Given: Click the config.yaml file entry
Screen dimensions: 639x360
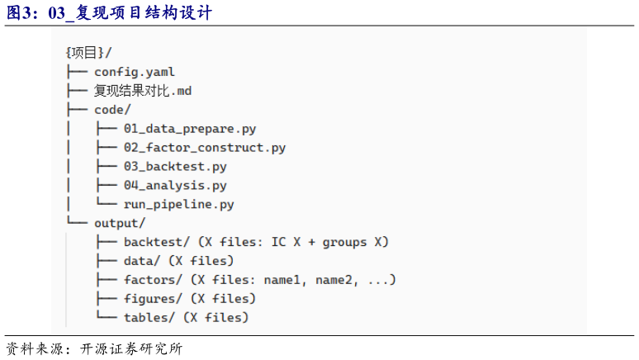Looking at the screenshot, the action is (x=135, y=72).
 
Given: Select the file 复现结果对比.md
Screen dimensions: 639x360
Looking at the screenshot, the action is (x=143, y=91).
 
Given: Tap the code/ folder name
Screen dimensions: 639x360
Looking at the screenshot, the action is (x=112, y=110).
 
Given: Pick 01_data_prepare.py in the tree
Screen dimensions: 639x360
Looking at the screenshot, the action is (x=190, y=129).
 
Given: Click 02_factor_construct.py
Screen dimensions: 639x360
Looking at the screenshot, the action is (x=205, y=148).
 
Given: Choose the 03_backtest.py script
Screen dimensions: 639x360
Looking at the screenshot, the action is (x=175, y=166).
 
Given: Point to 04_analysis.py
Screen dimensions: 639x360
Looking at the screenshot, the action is (x=175, y=186).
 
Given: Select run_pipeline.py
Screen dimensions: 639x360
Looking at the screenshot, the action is (x=179, y=204).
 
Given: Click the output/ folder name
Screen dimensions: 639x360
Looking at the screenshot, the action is (x=120, y=224).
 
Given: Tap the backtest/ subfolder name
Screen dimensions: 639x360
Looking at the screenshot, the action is (x=157, y=242).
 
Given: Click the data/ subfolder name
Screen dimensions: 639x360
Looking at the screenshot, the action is (x=142, y=261).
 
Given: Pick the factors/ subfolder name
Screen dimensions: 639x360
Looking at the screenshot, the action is (x=154, y=280).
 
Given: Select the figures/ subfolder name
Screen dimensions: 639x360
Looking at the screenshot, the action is (x=154, y=299).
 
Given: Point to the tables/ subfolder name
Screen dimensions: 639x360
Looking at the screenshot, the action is (x=149, y=318).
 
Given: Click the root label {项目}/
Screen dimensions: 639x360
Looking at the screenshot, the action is (x=88, y=53).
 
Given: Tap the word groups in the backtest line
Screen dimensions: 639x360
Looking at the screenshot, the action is (x=345, y=243).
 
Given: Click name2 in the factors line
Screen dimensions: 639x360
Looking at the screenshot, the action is (x=337, y=280).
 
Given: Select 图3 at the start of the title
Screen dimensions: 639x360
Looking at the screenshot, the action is (x=19, y=12).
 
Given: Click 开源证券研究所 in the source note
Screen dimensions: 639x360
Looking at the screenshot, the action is (x=131, y=349).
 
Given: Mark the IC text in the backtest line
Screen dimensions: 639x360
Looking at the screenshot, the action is (x=279, y=242).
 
